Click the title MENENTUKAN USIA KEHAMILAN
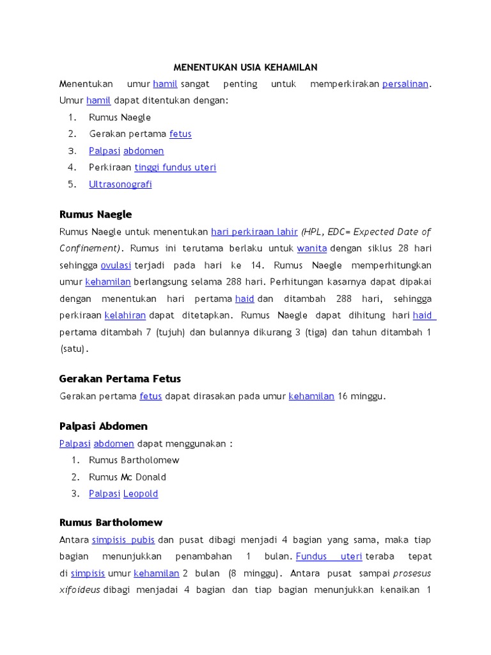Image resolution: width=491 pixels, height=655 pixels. pos(245,67)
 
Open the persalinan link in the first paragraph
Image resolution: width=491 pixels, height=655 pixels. pos(405,84)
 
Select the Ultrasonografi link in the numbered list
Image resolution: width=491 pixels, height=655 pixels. pos(120,184)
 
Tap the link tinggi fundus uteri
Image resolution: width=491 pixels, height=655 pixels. pos(175,168)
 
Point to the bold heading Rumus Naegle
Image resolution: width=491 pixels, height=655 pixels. pos(95,214)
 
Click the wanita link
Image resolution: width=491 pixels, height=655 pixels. pos(312,248)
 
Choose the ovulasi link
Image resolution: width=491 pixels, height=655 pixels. pos(116,265)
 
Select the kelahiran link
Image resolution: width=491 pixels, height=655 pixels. pos(125,315)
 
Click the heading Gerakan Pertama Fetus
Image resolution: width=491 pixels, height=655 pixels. pos(120,379)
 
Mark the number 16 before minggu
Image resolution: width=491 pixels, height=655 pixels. pos(343,396)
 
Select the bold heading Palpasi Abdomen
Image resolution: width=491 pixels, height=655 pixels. pos(104,426)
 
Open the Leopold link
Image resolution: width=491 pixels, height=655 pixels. pos(141,494)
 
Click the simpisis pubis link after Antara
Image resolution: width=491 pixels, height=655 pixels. pos(123,540)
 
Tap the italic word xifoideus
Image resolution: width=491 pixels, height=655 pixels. pos(80,590)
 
